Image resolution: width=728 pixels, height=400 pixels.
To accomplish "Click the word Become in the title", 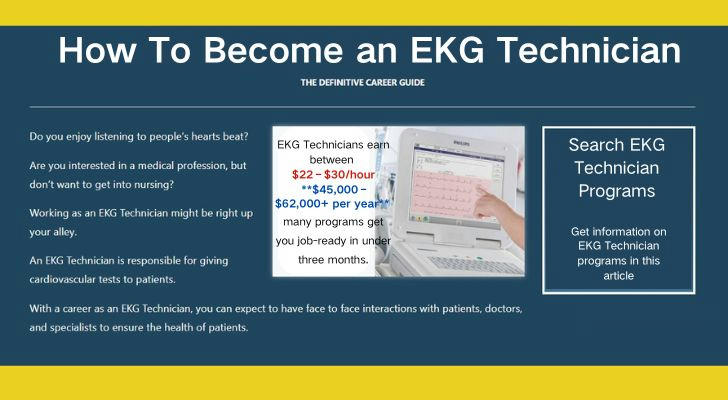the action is pyautogui.click(x=273, y=50).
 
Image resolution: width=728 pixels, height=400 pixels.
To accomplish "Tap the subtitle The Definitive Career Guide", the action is pyautogui.click(x=363, y=83).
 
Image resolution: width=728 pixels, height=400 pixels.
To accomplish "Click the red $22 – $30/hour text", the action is pyautogui.click(x=333, y=175).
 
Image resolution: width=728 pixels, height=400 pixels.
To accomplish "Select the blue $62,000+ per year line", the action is pyautogui.click(x=332, y=204).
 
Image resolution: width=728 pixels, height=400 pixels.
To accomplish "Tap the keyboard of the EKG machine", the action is pyautogui.click(x=474, y=265).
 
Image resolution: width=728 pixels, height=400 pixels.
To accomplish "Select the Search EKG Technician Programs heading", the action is pyautogui.click(x=617, y=168).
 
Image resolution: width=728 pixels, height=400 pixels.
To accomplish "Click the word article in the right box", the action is pyautogui.click(x=618, y=276).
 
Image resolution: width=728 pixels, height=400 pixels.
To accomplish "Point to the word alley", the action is pyautogui.click(x=65, y=232).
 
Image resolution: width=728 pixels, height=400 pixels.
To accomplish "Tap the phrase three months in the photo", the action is pyautogui.click(x=333, y=260).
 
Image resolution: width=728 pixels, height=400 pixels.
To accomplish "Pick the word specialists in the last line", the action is pyautogui.click(x=73, y=328).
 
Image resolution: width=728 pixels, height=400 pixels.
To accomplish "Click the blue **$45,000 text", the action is pyautogui.click(x=330, y=189).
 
